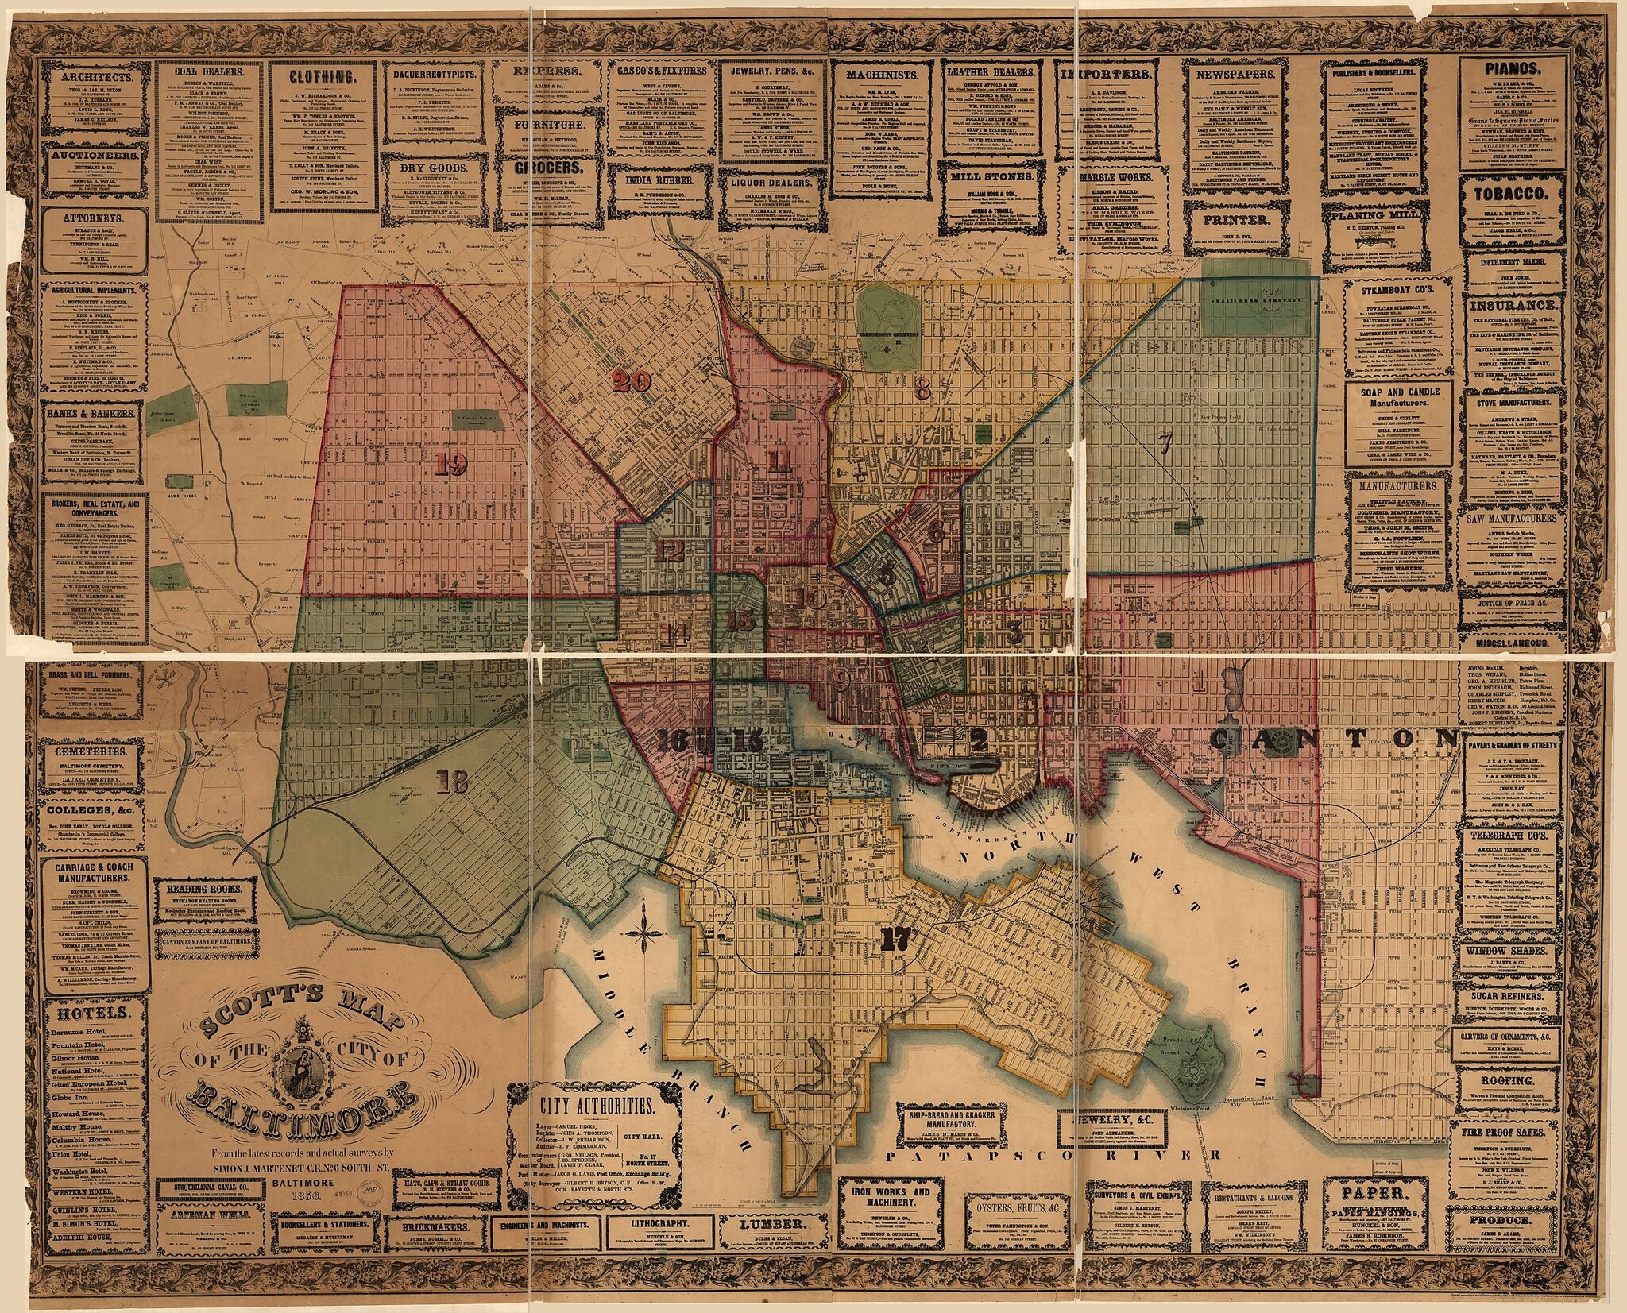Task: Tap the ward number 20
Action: pyautogui.click(x=632, y=382)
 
